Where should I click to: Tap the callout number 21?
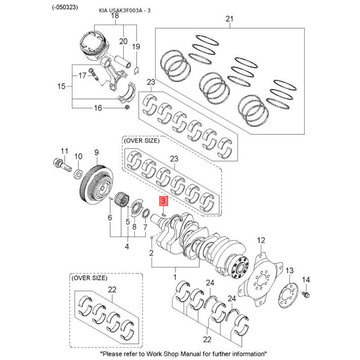pyautogui.click(x=229, y=19)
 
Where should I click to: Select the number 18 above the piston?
pyautogui.click(x=114, y=16)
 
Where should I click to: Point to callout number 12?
pyautogui.click(x=261, y=241)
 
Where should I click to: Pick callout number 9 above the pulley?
pyautogui.click(x=96, y=153)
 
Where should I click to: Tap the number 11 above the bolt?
pyautogui.click(x=64, y=151)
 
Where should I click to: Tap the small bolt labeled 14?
pyautogui.click(x=306, y=295)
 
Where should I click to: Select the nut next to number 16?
pyautogui.click(x=127, y=108)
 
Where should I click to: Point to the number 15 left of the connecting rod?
pyautogui.click(x=62, y=86)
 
